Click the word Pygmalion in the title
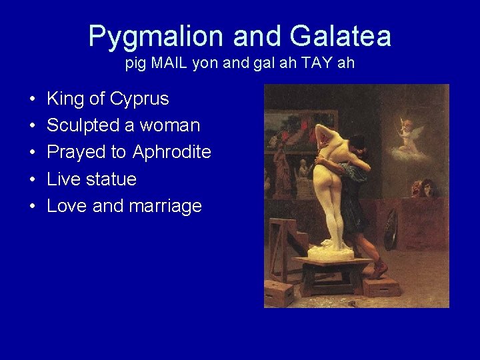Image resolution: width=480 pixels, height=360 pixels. (148, 36)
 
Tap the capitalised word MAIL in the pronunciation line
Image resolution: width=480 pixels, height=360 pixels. (173, 65)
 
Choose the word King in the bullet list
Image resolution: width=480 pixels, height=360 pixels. (65, 99)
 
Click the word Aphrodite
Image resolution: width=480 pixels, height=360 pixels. (172, 152)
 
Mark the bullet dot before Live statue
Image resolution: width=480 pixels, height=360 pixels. (32, 180)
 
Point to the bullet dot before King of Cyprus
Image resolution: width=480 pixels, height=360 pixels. (32, 100)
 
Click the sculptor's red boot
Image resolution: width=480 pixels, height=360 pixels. (380, 268)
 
